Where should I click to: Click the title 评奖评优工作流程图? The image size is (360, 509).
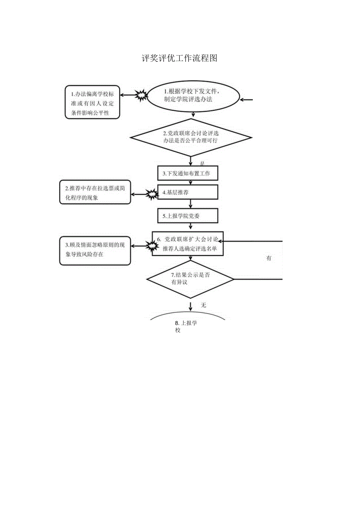tap(179, 59)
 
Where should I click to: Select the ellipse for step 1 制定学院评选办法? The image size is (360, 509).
tap(193, 96)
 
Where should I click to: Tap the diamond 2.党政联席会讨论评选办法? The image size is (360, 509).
tap(191, 137)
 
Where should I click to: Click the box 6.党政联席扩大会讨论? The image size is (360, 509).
tap(187, 243)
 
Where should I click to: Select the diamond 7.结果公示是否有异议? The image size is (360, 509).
tap(190, 279)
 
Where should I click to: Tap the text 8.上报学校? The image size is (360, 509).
tap(186, 326)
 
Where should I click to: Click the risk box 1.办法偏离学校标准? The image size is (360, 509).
tap(93, 102)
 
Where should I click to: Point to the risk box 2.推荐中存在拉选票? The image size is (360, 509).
tap(95, 192)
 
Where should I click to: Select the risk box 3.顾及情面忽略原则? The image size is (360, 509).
tap(95, 250)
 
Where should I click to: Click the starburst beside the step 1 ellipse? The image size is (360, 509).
tap(141, 95)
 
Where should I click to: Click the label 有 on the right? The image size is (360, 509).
tap(269, 258)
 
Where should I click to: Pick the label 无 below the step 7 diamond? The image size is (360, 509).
tap(203, 305)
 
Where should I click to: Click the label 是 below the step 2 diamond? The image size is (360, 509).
tap(202, 163)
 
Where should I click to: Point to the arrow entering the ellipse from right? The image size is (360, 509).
tap(247, 100)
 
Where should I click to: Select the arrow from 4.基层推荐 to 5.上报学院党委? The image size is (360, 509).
tap(191, 204)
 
